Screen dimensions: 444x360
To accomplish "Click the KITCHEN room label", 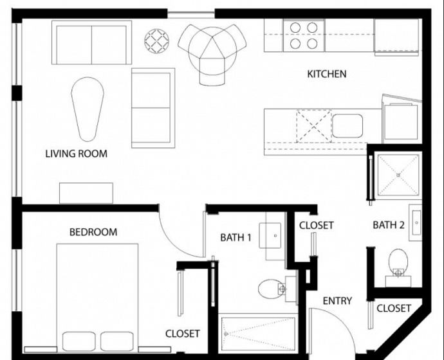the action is point(327,74).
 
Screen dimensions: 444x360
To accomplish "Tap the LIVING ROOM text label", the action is point(77,154).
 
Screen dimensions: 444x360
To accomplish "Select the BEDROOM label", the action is point(93,232).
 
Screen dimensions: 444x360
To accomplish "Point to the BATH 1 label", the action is point(236,238).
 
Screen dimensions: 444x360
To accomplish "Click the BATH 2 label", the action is point(389,225).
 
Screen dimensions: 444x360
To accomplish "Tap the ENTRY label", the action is point(337,301).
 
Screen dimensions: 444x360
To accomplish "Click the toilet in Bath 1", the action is point(277,289).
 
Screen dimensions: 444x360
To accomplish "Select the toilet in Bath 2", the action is point(398,267).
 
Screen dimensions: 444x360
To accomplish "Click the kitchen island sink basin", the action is point(347,126).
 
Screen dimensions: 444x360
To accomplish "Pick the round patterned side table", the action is point(157,41).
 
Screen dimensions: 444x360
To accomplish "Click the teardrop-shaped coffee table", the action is point(88,109).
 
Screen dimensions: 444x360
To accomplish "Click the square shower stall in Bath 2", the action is point(398,175).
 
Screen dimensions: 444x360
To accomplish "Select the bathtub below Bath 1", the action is point(258,333).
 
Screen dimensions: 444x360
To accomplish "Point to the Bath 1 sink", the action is point(270,235).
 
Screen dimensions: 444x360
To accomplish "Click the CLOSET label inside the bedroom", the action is point(182,334).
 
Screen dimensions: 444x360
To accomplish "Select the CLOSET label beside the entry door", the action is point(394,308).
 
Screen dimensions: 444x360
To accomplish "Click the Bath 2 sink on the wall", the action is point(416,222).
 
